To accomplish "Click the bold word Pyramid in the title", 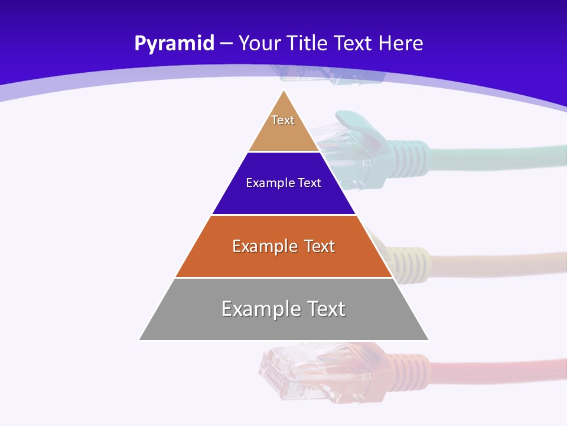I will tap(174, 44).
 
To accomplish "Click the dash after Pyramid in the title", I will tap(226, 44).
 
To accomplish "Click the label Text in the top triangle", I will tap(283, 120).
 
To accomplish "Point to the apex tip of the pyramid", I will tap(284, 91).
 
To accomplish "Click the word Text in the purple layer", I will tap(309, 183).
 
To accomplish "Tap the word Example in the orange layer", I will tap(258, 246).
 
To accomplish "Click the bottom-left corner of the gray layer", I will tap(139, 340).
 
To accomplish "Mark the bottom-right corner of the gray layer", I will tap(429, 340).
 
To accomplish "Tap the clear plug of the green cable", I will tap(348, 136).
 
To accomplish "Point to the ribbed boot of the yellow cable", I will tap(413, 260).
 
